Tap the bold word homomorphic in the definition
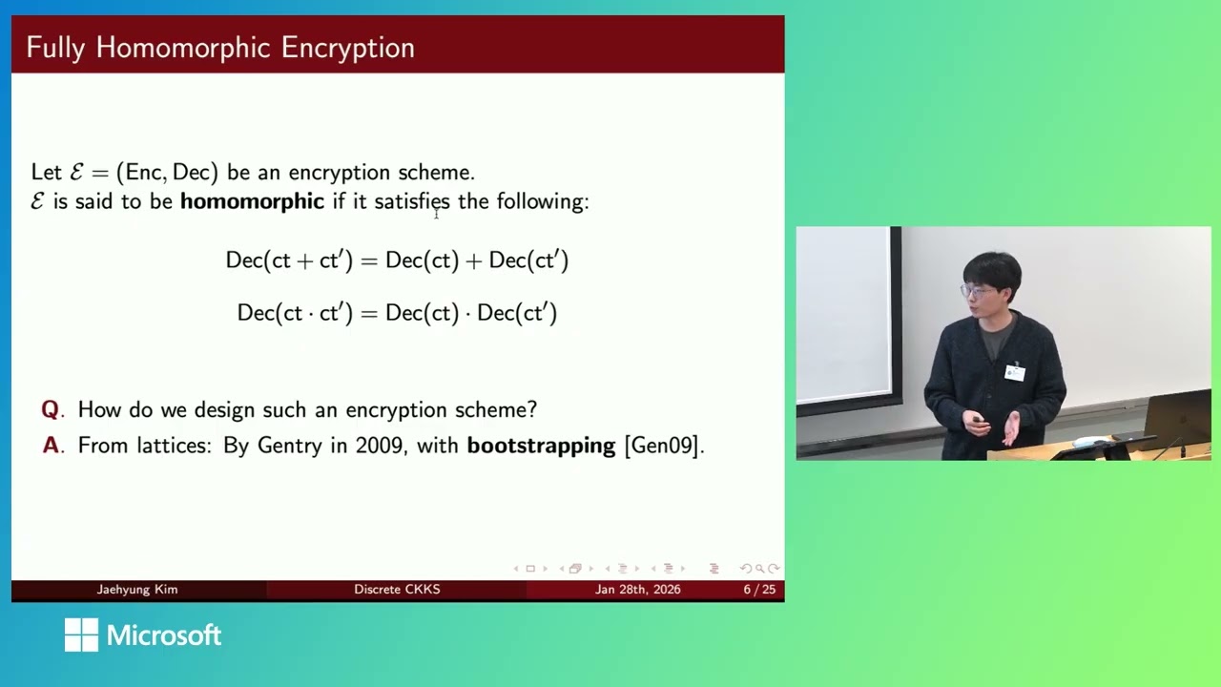pyautogui.click(x=252, y=201)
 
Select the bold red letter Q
pyautogui.click(x=50, y=410)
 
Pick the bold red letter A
pyautogui.click(x=51, y=446)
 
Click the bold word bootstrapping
pyautogui.click(x=541, y=446)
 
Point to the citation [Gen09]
pyautogui.click(x=663, y=446)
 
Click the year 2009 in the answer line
pyautogui.click(x=380, y=446)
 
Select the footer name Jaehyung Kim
pyautogui.click(x=137, y=590)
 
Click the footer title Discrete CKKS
pyautogui.click(x=397, y=590)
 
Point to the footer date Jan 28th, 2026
pyautogui.click(x=637, y=590)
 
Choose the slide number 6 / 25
pyautogui.click(x=759, y=590)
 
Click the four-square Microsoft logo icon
pyautogui.click(x=81, y=635)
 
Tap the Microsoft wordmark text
pyautogui.click(x=164, y=635)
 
